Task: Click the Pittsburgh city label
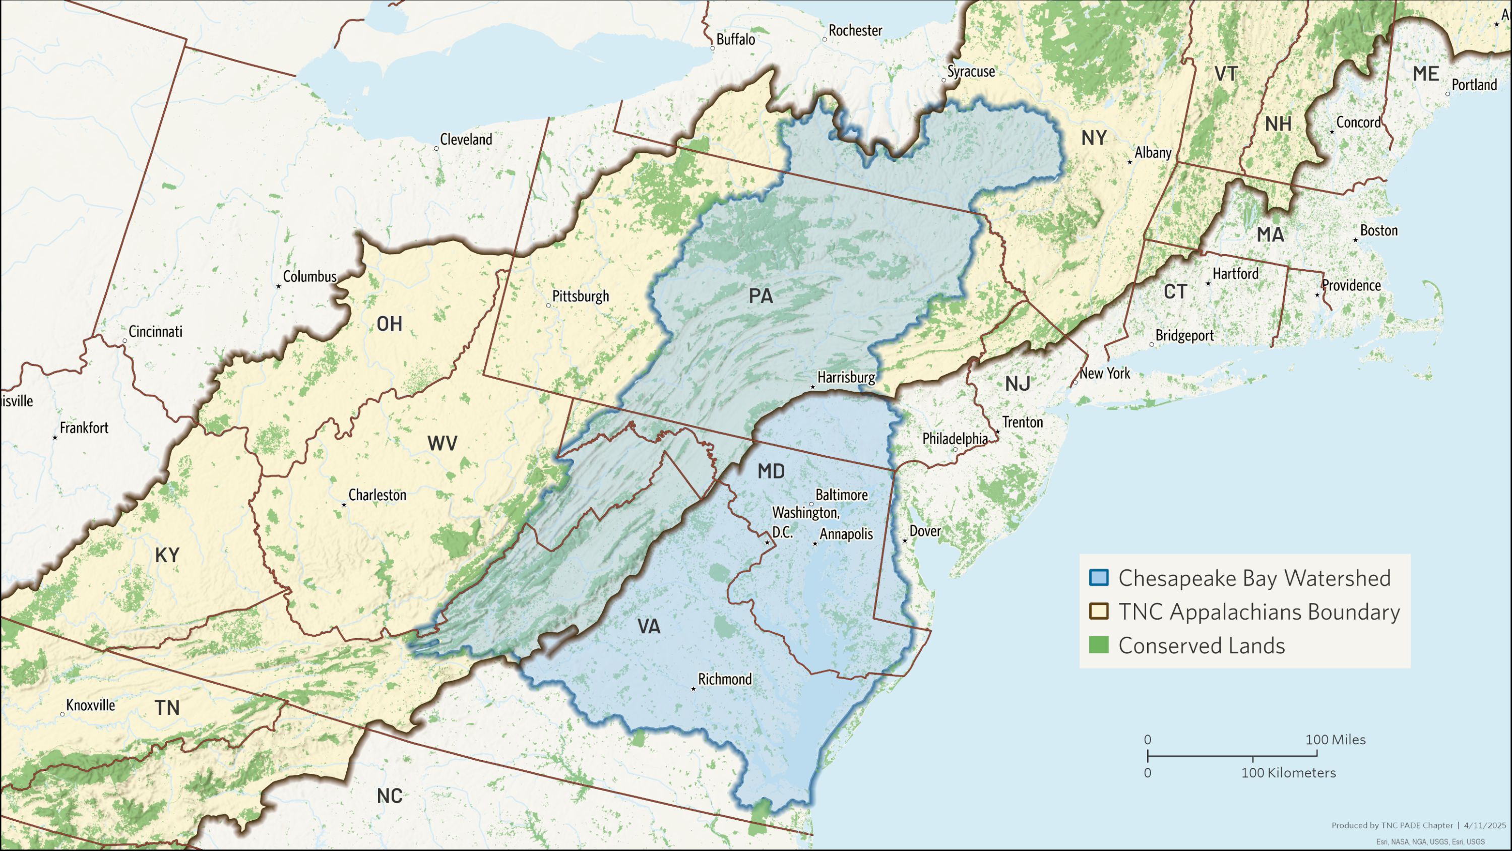[x=581, y=296]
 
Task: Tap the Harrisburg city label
[x=846, y=377]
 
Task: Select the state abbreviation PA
[x=761, y=296]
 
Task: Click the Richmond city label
[x=724, y=679]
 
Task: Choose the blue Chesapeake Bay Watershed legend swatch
[x=1099, y=577]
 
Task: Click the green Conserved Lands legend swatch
[x=1099, y=645]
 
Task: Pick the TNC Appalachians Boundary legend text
[x=1259, y=612]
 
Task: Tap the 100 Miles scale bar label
[x=1335, y=740]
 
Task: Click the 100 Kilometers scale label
[x=1288, y=773]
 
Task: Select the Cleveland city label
[x=466, y=139]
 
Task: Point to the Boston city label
[x=1379, y=230]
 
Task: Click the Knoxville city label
[x=90, y=705]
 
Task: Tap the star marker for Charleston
[x=344, y=505]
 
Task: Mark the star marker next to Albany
[x=1130, y=162]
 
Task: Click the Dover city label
[x=925, y=531]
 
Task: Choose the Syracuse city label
[x=971, y=71]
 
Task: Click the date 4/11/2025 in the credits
[x=1484, y=825]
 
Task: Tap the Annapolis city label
[x=846, y=534]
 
